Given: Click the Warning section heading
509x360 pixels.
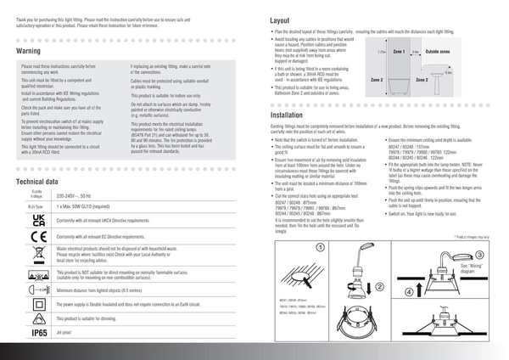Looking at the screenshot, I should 29,52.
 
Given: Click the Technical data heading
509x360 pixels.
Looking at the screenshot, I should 36,182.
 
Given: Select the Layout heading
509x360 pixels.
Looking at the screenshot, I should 280,20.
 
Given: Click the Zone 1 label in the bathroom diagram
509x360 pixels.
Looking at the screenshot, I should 398,52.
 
